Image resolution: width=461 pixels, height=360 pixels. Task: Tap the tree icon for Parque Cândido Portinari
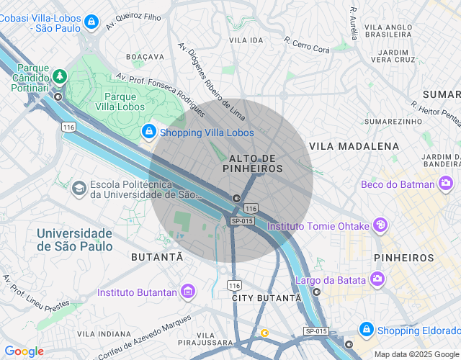(x=58, y=75)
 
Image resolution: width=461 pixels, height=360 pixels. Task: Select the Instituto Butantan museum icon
(x=188, y=292)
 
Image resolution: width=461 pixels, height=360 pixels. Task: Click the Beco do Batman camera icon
(x=447, y=184)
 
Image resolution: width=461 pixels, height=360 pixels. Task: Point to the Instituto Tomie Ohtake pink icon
(x=380, y=226)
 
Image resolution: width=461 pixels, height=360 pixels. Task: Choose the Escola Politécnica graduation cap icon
(x=79, y=189)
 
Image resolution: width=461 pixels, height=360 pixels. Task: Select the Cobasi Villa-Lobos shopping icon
(x=90, y=23)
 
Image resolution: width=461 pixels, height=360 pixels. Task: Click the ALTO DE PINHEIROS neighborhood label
(x=253, y=163)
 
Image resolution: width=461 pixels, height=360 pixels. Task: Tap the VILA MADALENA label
(x=354, y=146)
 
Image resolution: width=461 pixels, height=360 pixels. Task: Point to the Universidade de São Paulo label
(x=75, y=240)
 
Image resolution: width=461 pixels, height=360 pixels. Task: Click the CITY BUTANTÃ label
(x=267, y=297)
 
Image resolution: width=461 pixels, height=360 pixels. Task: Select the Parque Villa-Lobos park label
(x=121, y=101)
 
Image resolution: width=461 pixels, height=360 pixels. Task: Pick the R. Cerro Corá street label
(x=307, y=45)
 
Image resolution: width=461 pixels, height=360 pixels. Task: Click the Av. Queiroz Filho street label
(x=133, y=19)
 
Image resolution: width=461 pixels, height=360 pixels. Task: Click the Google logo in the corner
(x=24, y=351)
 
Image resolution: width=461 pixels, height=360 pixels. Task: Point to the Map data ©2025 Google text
(x=416, y=354)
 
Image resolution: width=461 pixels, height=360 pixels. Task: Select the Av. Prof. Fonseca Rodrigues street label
(x=160, y=90)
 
